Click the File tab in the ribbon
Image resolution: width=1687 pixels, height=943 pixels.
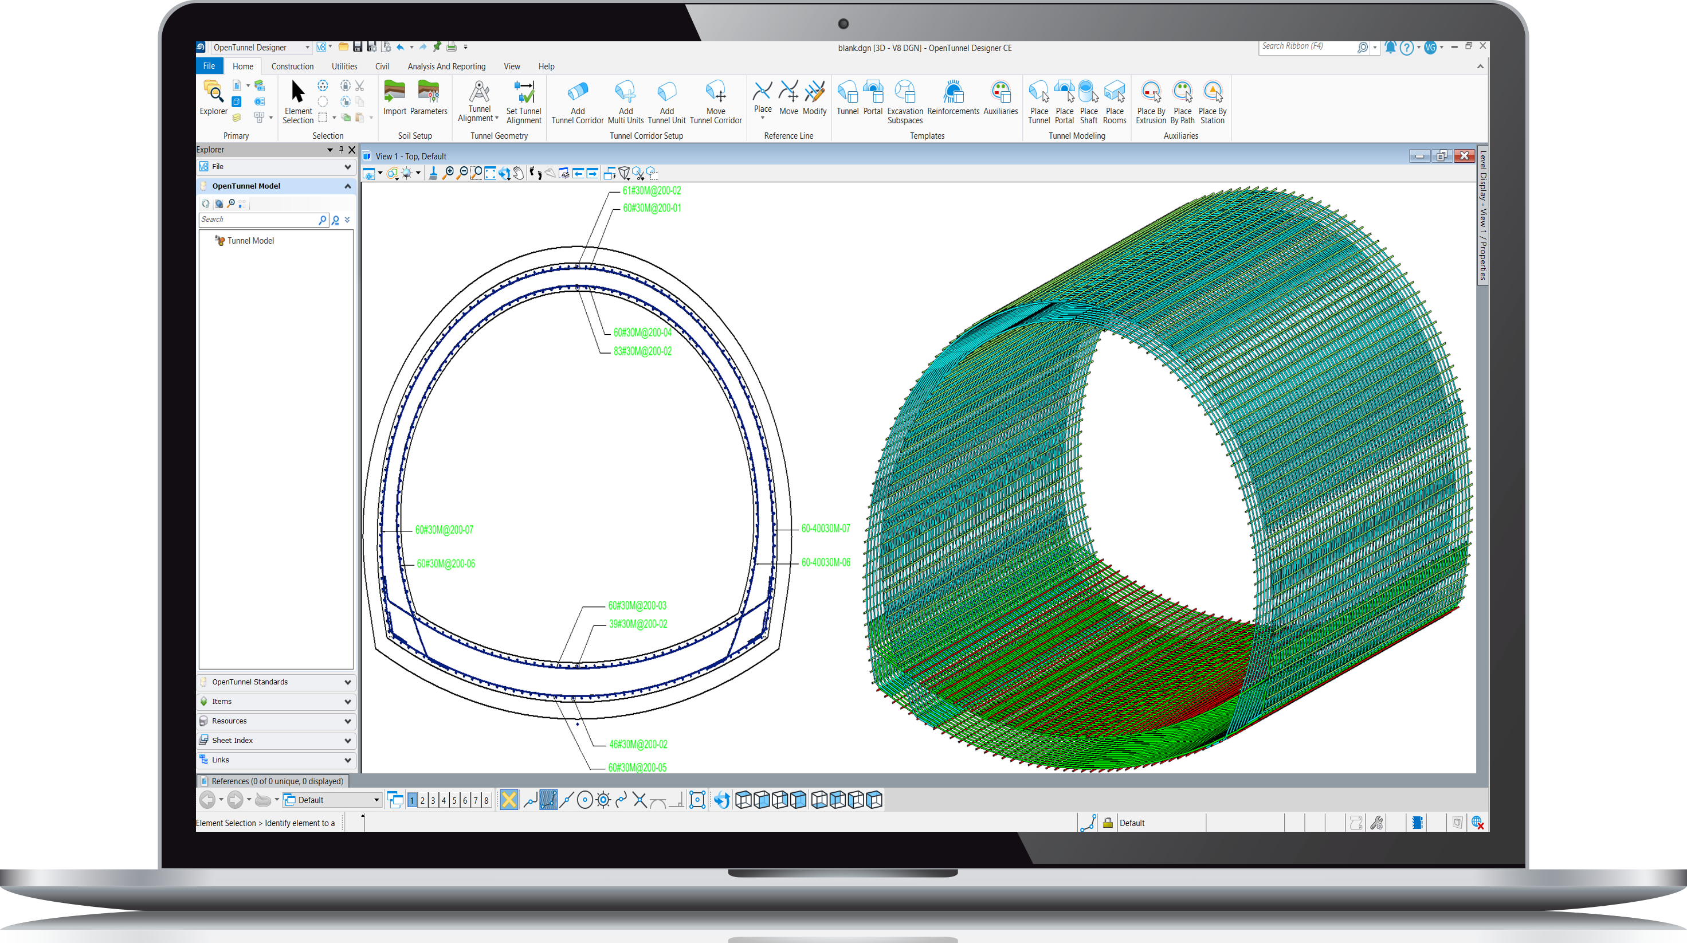pyautogui.click(x=209, y=66)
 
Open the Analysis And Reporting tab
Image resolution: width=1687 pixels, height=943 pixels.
pyautogui.click(x=446, y=66)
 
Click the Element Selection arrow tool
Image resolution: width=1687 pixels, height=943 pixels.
pyautogui.click(x=298, y=92)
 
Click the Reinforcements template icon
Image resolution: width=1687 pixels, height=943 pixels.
pyautogui.click(x=953, y=92)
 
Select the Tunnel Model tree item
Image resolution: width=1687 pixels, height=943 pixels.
pyautogui.click(x=250, y=241)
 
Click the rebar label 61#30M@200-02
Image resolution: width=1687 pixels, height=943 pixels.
pyautogui.click(x=652, y=191)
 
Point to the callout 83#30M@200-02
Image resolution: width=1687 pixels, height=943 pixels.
pyautogui.click(x=642, y=351)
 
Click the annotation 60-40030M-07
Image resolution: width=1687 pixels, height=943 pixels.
pyautogui.click(x=825, y=528)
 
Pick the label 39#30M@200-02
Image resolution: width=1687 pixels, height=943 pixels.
pyautogui.click(x=638, y=624)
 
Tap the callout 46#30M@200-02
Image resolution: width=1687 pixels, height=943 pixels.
pyautogui.click(x=638, y=745)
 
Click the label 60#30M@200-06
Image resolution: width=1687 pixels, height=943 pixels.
pyautogui.click(x=446, y=564)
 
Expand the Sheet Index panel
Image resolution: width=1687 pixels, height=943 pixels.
pyautogui.click(x=276, y=741)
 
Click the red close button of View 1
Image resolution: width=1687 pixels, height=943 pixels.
pyautogui.click(x=1464, y=156)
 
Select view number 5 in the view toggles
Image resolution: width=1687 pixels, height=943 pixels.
pyautogui.click(x=454, y=800)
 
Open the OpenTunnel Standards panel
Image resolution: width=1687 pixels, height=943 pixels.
pyautogui.click(x=276, y=682)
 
